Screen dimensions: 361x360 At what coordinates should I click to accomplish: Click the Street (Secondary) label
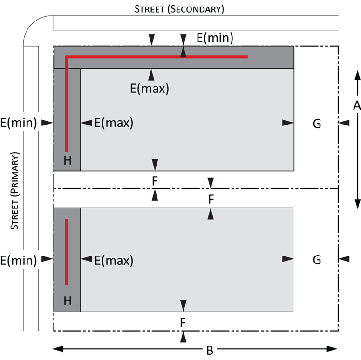pyautogui.click(x=179, y=9)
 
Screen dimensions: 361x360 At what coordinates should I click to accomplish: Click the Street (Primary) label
pyautogui.click(x=14, y=191)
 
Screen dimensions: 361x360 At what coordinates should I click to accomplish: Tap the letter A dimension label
pyautogui.click(x=357, y=105)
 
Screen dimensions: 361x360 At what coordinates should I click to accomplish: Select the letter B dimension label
pyautogui.click(x=210, y=351)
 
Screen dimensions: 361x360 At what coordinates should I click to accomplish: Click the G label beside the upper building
pyautogui.click(x=317, y=124)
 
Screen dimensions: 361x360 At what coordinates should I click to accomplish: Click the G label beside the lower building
pyautogui.click(x=317, y=260)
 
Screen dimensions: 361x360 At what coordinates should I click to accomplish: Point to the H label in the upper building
pyautogui.click(x=68, y=160)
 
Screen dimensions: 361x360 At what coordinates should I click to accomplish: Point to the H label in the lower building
pyautogui.click(x=68, y=301)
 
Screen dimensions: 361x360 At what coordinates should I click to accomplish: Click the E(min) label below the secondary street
pyautogui.click(x=215, y=38)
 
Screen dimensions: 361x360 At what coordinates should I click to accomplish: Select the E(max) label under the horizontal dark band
pyautogui.click(x=150, y=88)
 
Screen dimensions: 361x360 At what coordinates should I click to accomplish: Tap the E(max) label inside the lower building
pyautogui.click(x=114, y=260)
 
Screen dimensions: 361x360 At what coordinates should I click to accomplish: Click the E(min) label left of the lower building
pyautogui.click(x=19, y=260)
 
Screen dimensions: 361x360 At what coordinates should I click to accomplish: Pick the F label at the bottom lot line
pyautogui.click(x=183, y=323)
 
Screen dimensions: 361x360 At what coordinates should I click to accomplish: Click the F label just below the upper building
pyautogui.click(x=155, y=181)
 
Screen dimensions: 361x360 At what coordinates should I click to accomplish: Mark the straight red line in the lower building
pyautogui.click(x=66, y=252)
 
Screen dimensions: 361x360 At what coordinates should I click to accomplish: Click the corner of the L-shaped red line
pyautogui.click(x=67, y=57)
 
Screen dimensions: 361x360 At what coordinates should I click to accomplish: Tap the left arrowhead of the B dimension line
pyautogui.click(x=58, y=349)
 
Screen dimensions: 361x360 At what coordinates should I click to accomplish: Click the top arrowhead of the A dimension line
pyautogui.click(x=357, y=76)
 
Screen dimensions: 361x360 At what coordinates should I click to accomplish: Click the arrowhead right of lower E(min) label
pyautogui.click(x=47, y=259)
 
